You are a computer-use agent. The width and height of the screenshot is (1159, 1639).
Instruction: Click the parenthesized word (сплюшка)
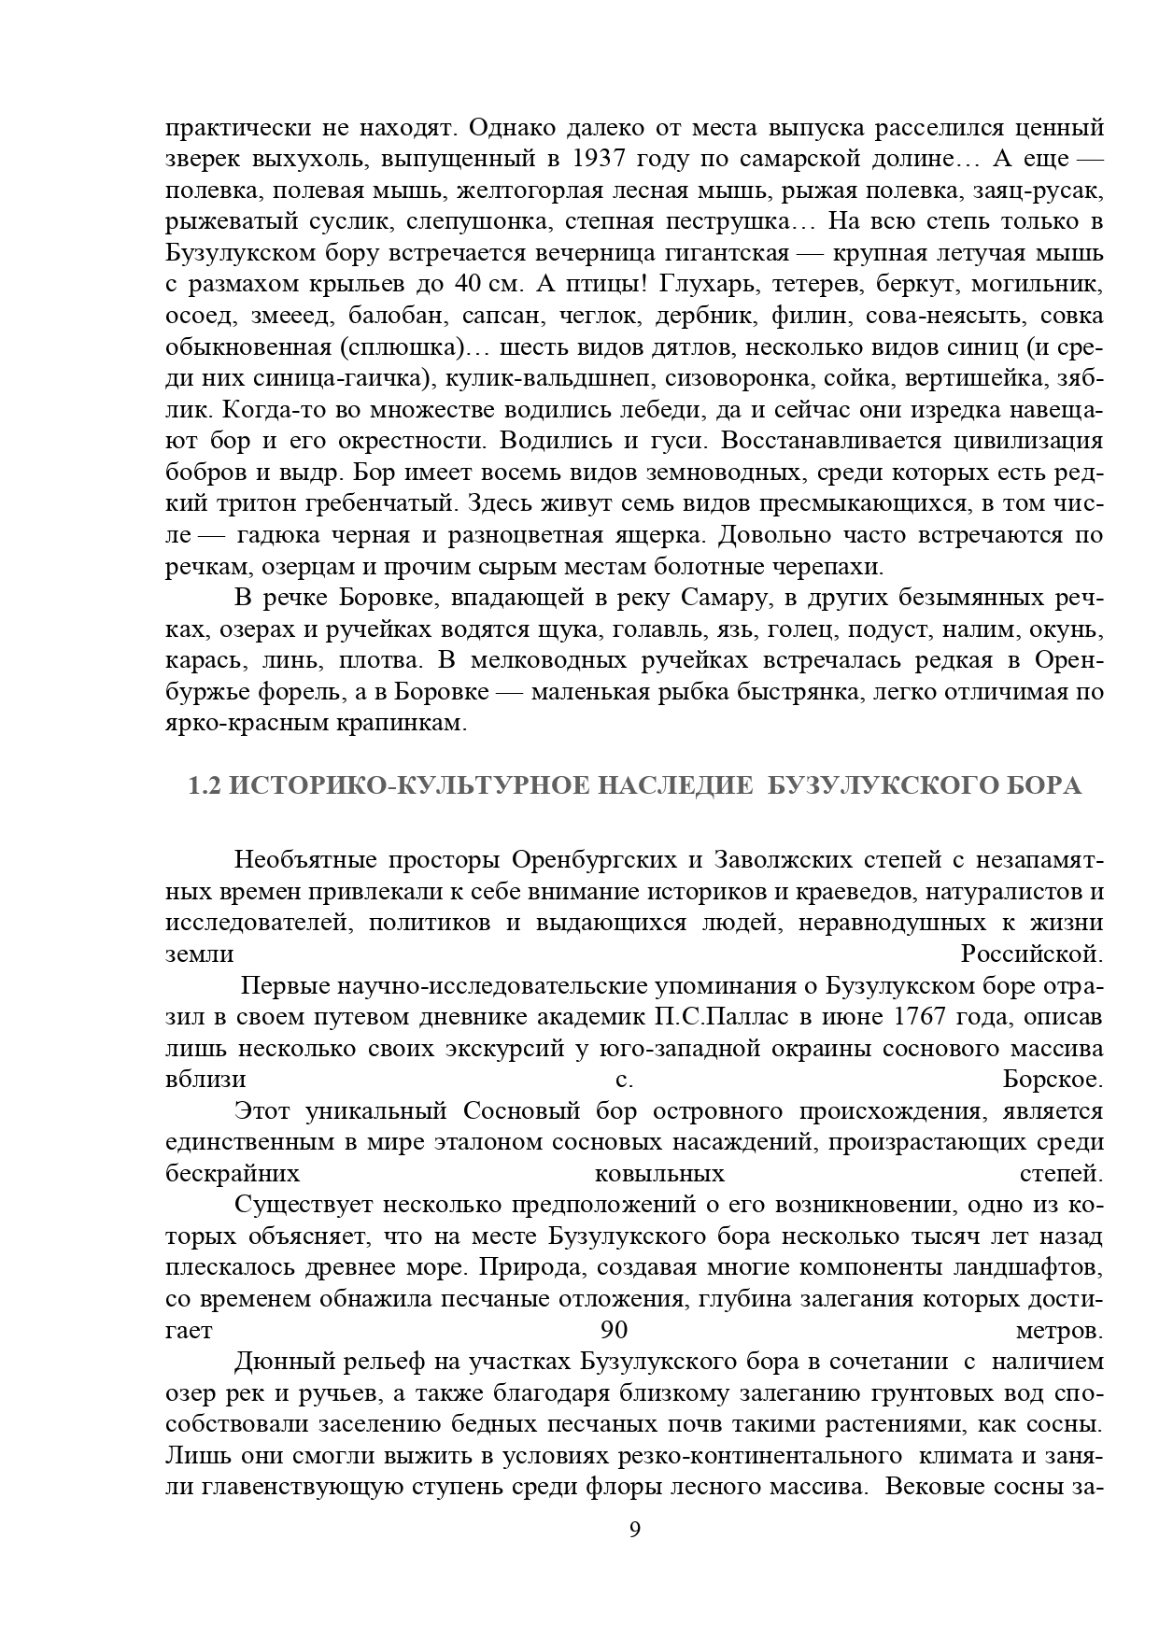pos(412,347)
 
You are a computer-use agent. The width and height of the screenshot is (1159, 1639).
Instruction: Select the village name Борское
pos(1053,1080)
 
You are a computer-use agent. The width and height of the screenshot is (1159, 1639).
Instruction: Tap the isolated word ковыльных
pos(659,1174)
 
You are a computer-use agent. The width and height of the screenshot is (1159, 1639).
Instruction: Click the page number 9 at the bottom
pos(635,1531)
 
